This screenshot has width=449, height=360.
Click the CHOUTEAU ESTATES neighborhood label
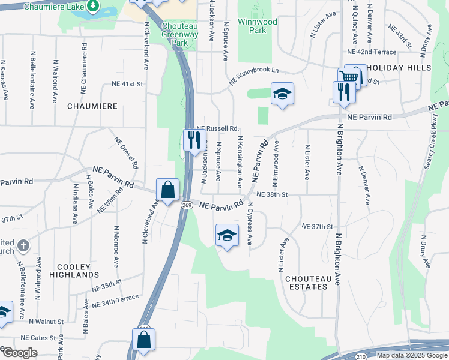[x=307, y=283]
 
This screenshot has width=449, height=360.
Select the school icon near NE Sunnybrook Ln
[x=282, y=94]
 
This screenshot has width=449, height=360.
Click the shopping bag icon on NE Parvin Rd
[x=168, y=190]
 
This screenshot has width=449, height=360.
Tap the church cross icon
[x=23, y=245]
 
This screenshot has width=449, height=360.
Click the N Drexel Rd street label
[x=127, y=152]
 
